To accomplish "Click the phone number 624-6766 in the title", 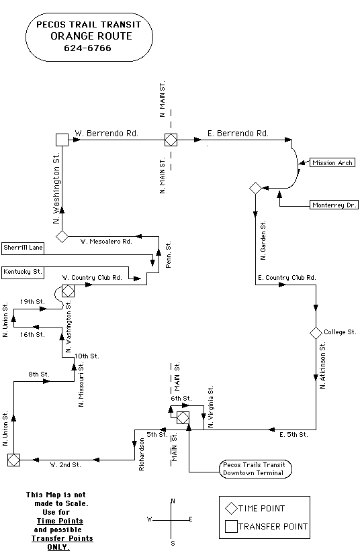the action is [x=87, y=48].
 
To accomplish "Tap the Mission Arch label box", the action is [x=332, y=162].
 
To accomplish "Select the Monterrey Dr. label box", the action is [x=334, y=205].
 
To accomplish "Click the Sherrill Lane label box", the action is [x=23, y=248].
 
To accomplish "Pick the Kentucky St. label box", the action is [x=23, y=272].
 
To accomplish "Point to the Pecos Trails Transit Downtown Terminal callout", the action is [x=255, y=469].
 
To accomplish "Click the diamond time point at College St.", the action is [x=316, y=333].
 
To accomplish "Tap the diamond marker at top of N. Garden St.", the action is [x=255, y=189].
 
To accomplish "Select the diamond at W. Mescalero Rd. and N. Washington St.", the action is [x=62, y=237].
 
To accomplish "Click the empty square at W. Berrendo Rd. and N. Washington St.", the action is [x=62, y=140].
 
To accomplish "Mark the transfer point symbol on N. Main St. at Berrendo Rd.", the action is [x=171, y=140].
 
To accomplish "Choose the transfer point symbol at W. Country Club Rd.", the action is [x=68, y=291].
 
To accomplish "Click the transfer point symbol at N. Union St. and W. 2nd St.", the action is [x=13, y=460].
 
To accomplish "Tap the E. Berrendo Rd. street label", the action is [x=238, y=134].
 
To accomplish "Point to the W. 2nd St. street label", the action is [x=66, y=465].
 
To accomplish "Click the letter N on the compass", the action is [x=173, y=501].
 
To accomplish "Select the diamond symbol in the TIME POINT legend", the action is [x=231, y=509].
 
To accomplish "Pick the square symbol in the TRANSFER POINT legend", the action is [x=232, y=527].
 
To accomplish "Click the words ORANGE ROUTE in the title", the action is [x=91, y=36].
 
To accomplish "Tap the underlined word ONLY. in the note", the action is [x=58, y=547].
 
